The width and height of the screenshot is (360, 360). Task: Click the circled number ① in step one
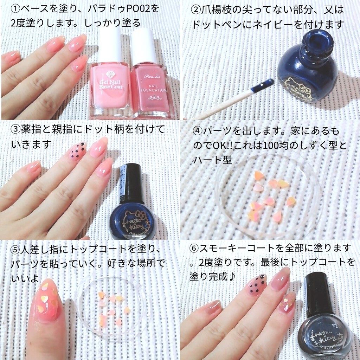[x=15, y=9]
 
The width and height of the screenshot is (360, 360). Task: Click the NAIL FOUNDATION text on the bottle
[x=154, y=88]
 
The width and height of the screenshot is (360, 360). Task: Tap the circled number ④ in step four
[x=198, y=131]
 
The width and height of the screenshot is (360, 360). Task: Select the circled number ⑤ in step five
[x=15, y=250]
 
